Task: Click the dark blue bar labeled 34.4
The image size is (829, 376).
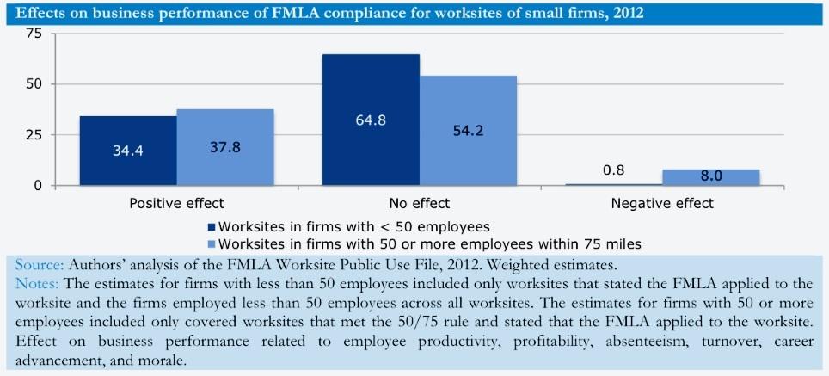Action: [127, 151]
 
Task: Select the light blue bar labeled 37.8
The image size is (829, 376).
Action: [225, 147]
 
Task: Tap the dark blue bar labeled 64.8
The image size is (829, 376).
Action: [371, 120]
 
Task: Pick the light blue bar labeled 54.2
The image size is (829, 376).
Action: [468, 131]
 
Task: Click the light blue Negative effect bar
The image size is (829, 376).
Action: [710, 177]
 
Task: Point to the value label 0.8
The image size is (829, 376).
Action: [613, 170]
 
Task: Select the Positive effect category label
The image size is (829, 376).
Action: [176, 204]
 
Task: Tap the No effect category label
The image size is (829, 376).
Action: [420, 204]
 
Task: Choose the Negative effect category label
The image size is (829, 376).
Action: [662, 204]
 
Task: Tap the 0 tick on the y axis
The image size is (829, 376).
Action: [38, 185]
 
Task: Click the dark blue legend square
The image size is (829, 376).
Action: [211, 227]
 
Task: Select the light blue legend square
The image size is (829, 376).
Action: [211, 243]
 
